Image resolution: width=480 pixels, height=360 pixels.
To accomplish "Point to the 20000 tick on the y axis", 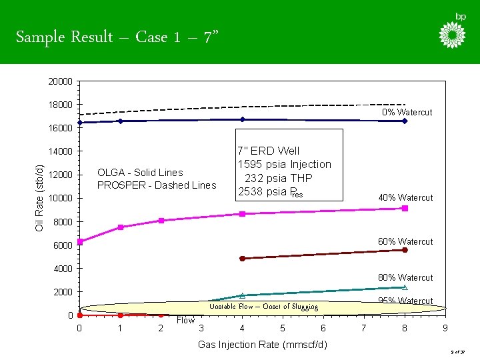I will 60,81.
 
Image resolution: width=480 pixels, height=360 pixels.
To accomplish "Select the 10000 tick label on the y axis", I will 60,199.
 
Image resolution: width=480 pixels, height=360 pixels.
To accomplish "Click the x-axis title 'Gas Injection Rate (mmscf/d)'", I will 263,345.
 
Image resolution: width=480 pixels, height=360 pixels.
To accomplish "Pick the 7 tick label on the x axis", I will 364,328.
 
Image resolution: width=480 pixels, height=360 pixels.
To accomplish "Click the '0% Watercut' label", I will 407,113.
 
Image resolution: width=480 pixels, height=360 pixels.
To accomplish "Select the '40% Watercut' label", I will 405,198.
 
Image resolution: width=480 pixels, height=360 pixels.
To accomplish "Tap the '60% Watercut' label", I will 405,241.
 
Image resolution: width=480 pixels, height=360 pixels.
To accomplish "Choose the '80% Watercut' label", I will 405,277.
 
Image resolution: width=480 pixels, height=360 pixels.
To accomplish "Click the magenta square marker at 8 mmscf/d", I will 405,208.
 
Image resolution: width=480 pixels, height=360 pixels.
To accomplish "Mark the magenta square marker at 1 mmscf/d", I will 121,227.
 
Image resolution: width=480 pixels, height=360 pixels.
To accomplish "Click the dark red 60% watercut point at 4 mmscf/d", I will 242,258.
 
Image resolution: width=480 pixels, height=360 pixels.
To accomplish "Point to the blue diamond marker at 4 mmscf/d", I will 242,119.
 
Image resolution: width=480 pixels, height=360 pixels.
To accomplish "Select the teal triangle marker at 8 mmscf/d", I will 405,287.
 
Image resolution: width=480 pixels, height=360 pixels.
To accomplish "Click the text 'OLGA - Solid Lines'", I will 140,173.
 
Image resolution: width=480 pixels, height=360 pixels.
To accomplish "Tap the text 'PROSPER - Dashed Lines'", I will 157,185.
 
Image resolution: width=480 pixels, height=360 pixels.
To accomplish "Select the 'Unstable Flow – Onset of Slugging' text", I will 263,307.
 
